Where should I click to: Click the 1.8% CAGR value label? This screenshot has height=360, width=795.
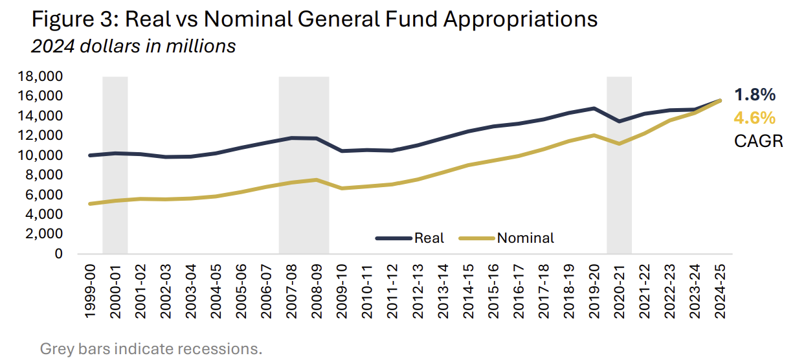pyautogui.click(x=754, y=95)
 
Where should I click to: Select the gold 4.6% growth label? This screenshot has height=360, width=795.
pyautogui.click(x=754, y=118)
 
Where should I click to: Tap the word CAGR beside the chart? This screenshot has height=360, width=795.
pyautogui.click(x=758, y=141)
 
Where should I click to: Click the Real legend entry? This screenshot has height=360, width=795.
pyautogui.click(x=429, y=238)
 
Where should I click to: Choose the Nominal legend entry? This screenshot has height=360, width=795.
pyautogui.click(x=525, y=238)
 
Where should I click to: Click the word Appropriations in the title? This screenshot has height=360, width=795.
pyautogui.click(x=520, y=19)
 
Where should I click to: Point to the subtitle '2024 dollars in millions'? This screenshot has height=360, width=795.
pyautogui.click(x=133, y=47)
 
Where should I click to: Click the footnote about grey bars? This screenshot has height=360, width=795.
pyautogui.click(x=151, y=349)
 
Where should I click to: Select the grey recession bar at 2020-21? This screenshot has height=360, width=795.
pyautogui.click(x=619, y=194)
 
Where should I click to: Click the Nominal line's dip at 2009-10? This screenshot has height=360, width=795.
pyautogui.click(x=341, y=188)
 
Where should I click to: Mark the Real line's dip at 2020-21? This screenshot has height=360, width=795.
pyautogui.click(x=619, y=121)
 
